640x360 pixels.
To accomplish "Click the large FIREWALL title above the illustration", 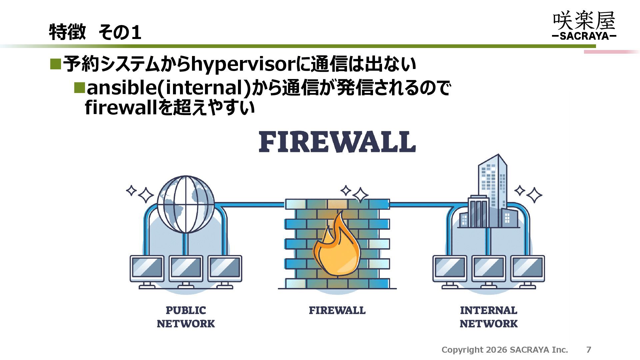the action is (x=337, y=142).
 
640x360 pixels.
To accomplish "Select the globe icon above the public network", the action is (x=186, y=204).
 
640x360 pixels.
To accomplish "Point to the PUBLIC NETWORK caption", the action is (x=186, y=317).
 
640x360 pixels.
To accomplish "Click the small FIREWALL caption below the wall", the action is (x=337, y=310).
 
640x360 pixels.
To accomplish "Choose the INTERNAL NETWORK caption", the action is (x=489, y=317).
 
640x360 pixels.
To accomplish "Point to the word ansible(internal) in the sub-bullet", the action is (x=169, y=88).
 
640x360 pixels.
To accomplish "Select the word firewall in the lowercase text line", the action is (x=121, y=107).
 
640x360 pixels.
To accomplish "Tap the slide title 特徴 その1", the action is (x=95, y=32).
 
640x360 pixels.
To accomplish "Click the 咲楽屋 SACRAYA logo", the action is (x=584, y=26).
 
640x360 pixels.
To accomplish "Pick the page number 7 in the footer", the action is (x=589, y=350).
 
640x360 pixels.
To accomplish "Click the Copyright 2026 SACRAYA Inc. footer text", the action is (x=505, y=350).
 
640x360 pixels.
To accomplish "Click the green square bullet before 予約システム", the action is (x=55, y=64).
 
